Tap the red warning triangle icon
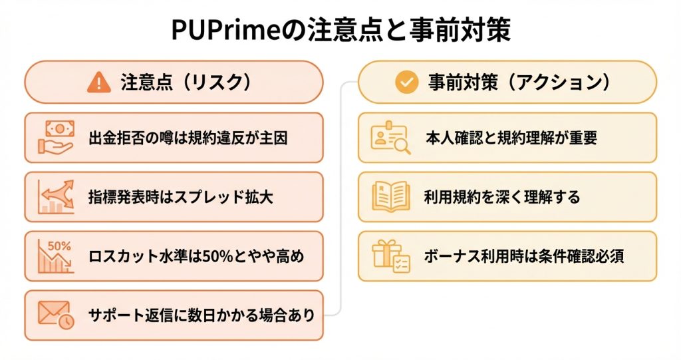click(x=99, y=83)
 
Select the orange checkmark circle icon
click(x=404, y=83)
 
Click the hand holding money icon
click(x=56, y=138)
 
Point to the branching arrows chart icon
click(x=56, y=197)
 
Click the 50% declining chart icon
click(x=56, y=256)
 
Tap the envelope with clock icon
click(x=56, y=315)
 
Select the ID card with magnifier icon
click(x=390, y=138)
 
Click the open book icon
click(x=390, y=197)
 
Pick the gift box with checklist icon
click(x=390, y=256)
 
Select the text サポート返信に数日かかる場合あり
click(x=201, y=315)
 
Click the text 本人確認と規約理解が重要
click(x=511, y=138)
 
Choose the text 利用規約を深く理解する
click(x=501, y=198)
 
